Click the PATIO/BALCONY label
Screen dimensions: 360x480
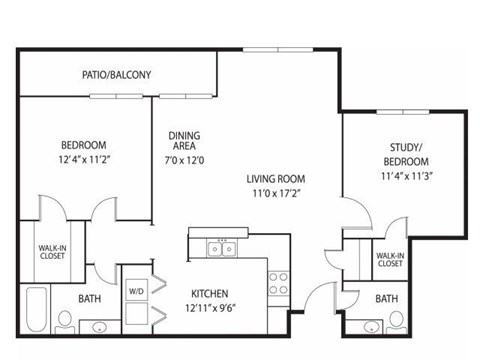pos(116,74)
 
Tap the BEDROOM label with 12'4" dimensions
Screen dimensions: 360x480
pos(83,145)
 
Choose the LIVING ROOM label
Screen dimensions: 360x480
pos(277,180)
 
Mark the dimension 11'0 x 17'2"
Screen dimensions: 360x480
pos(277,194)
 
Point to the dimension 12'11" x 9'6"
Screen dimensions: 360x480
pos(211,309)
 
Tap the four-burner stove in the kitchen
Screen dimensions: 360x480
pos(279,283)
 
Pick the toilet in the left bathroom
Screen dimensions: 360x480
pos(65,319)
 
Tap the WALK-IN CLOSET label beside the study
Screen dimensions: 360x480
pos(389,261)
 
